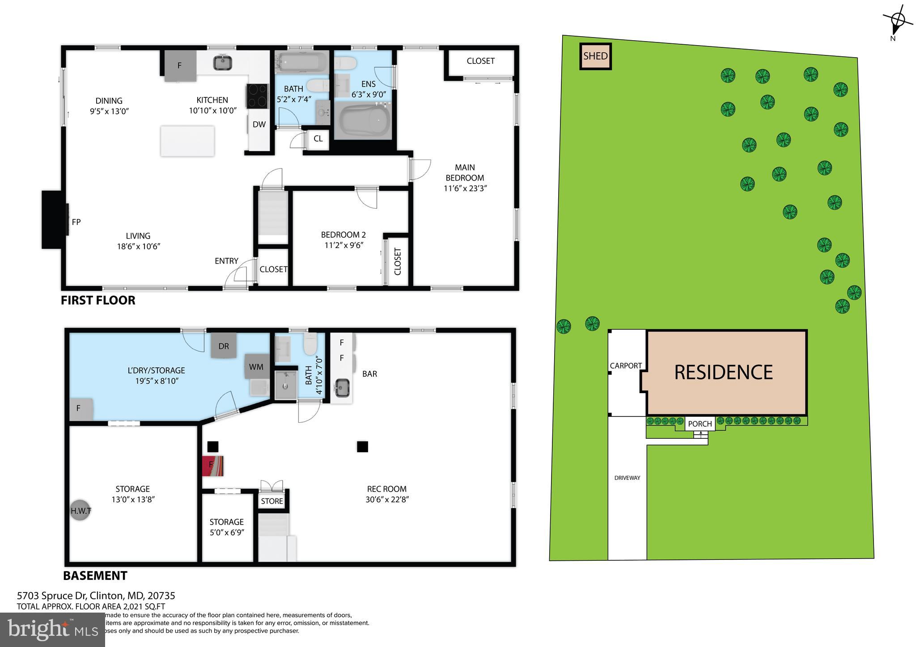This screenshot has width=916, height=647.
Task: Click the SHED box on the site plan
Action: [x=595, y=56]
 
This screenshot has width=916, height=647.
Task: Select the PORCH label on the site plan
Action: [x=700, y=424]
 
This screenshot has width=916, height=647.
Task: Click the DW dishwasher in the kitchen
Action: [x=259, y=125]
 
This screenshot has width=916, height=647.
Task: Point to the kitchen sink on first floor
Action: [x=222, y=63]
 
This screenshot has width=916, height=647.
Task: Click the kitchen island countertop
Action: [x=187, y=141]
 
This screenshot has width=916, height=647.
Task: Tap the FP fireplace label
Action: [x=76, y=222]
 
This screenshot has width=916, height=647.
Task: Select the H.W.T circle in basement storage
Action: [x=81, y=510]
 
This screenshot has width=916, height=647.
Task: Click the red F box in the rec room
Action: [x=212, y=466]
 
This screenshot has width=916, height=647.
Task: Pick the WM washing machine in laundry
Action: [x=256, y=366]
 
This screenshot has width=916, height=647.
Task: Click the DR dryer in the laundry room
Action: [x=224, y=346]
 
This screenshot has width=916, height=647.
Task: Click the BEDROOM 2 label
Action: [x=343, y=235]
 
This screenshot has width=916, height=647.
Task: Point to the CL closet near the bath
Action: [x=318, y=139]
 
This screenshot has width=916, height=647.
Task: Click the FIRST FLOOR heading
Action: [x=98, y=300]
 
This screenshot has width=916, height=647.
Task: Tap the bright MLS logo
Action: [x=52, y=630]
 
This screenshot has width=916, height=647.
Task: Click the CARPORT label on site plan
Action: [x=626, y=366]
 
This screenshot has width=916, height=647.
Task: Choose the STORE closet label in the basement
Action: [x=272, y=501]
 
